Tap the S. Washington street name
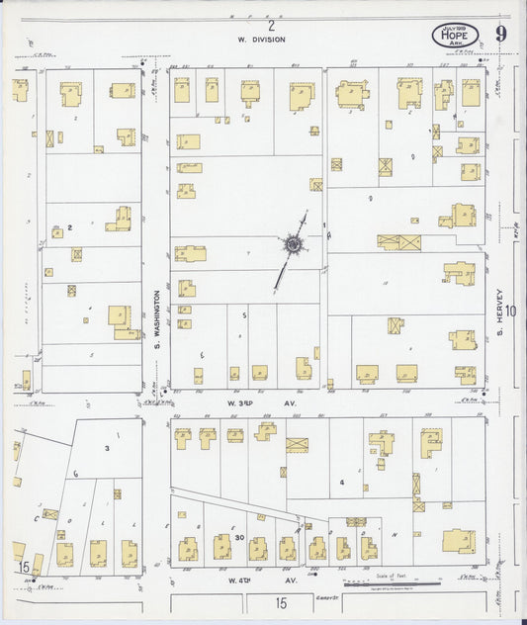click(x=156, y=319)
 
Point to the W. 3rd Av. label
click(x=261, y=402)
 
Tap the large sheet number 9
click(x=503, y=34)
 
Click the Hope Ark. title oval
click(x=455, y=36)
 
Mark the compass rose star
click(x=293, y=242)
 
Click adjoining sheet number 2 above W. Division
click(x=270, y=25)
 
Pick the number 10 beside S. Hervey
click(x=512, y=311)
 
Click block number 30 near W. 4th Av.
click(x=240, y=536)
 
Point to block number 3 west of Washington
click(x=107, y=448)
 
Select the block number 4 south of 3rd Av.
click(x=342, y=483)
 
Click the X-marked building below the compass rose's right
click(x=398, y=242)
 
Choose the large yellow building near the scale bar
click(x=458, y=541)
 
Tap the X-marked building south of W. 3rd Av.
click(x=297, y=444)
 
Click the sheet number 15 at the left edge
click(x=23, y=567)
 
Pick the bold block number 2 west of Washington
click(x=70, y=228)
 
